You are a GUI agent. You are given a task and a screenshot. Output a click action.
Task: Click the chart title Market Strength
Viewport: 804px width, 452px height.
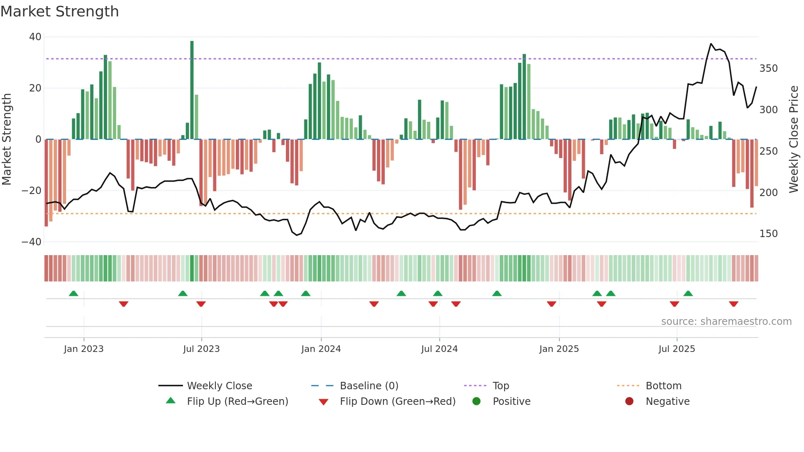(x=59, y=11)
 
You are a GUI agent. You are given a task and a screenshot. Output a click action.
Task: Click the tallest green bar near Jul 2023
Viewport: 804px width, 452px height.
(x=192, y=90)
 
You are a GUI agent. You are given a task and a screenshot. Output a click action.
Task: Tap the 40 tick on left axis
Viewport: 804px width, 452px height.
(x=35, y=37)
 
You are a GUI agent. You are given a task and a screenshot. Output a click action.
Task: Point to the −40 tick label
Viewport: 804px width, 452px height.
(x=32, y=242)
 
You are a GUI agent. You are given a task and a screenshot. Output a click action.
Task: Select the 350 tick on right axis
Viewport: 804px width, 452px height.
(x=768, y=68)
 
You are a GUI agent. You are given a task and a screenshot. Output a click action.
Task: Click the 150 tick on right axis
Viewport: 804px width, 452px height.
(x=768, y=234)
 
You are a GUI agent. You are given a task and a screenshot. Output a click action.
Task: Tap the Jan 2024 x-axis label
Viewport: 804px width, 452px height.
(x=321, y=349)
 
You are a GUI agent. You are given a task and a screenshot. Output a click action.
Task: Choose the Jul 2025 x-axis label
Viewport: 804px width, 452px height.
(x=676, y=349)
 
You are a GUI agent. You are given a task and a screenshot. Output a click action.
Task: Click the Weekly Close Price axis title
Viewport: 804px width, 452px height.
(x=794, y=139)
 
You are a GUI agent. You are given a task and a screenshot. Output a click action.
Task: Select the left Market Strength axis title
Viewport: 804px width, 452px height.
(x=7, y=139)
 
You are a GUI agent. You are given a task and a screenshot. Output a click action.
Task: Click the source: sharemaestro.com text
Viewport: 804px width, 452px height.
(x=726, y=322)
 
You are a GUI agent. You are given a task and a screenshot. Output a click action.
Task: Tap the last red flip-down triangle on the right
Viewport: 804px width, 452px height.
(x=733, y=304)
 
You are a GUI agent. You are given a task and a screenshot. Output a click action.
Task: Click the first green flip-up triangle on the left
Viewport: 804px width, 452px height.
(x=73, y=293)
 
